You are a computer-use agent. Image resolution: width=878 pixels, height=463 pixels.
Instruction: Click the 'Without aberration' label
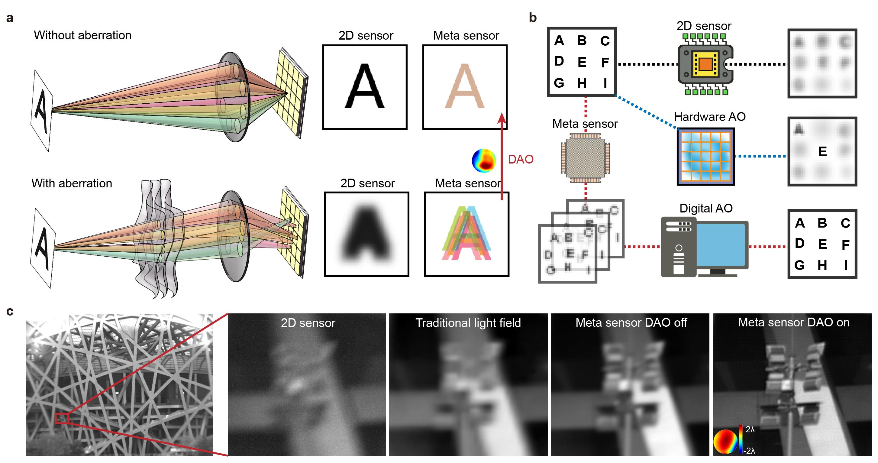pos(82,35)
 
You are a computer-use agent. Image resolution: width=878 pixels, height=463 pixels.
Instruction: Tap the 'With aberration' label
pos(72,183)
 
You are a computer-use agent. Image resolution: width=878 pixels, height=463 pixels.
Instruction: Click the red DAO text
pos(521,159)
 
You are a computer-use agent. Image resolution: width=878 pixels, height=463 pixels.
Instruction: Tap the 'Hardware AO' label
pos(710,117)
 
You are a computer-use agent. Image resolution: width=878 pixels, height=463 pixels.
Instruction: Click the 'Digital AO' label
pos(706,208)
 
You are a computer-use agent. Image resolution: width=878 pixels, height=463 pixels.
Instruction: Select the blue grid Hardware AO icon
pos(705,157)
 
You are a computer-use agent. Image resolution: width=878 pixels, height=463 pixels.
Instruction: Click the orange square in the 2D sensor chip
pos(705,64)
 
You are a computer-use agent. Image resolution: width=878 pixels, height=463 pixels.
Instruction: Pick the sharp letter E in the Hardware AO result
pos(822,151)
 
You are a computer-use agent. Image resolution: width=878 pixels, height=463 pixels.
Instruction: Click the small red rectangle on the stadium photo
pos(62,418)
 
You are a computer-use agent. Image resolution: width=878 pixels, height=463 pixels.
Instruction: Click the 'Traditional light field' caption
pos(468,322)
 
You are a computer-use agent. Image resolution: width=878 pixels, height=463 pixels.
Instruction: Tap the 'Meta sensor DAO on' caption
pos(793,322)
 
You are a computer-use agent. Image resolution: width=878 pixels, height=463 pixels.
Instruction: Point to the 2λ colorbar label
pos(750,429)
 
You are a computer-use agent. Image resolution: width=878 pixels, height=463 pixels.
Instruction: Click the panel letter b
pos(533,18)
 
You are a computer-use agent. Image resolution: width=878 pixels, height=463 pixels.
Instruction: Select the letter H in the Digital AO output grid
pos(822,265)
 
